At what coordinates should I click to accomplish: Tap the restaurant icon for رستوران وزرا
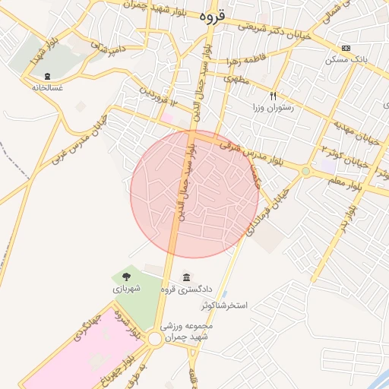tap(274, 96)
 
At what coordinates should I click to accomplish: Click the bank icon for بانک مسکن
tap(346, 48)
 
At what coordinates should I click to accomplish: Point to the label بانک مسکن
tap(351, 59)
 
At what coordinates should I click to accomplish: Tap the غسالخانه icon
tap(48, 76)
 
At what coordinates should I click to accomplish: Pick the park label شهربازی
tap(126, 289)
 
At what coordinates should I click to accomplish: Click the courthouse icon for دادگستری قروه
tap(187, 277)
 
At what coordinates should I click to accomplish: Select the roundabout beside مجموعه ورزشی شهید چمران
tap(155, 339)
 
